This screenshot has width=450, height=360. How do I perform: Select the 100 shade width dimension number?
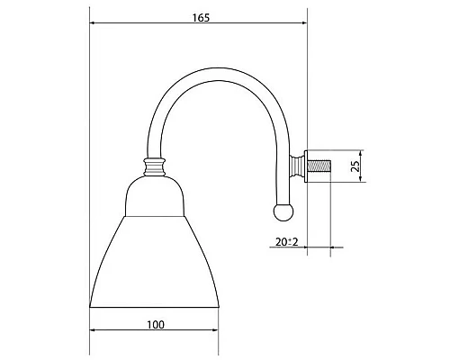pyautogui.click(x=155, y=319)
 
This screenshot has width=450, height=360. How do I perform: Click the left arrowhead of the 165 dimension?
pyautogui.click(x=94, y=27)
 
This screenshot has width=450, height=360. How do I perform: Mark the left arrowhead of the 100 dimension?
pyautogui.click(x=94, y=329)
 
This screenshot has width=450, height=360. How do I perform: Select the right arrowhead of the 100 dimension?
pyautogui.click(x=216, y=329)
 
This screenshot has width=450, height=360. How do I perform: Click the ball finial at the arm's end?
pyautogui.click(x=282, y=211)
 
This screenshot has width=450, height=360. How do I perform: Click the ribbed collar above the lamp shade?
pyautogui.click(x=156, y=166)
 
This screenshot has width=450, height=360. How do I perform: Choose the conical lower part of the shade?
pyautogui.click(x=155, y=261)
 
